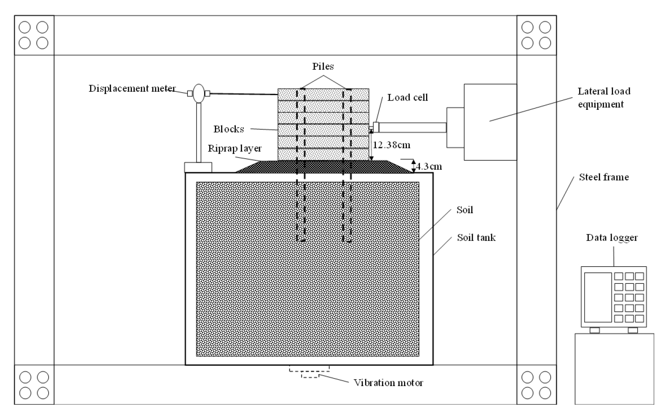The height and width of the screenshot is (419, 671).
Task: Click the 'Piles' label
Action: [x=323, y=66]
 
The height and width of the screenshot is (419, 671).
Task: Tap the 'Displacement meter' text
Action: [x=132, y=88]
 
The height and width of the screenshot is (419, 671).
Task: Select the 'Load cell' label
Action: [x=408, y=97]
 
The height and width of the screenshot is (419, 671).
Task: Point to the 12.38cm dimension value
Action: [x=391, y=145]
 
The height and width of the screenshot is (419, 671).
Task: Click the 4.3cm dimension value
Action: [x=429, y=166]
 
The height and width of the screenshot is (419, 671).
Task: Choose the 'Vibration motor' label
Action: [x=388, y=382]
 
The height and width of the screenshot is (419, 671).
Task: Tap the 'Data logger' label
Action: [x=612, y=237]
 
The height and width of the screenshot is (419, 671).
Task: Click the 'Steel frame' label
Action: [x=604, y=177]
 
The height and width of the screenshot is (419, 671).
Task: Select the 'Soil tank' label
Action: [x=476, y=237]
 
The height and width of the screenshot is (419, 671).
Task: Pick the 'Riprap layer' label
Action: [x=235, y=148]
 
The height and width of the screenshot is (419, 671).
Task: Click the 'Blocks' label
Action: [x=229, y=129]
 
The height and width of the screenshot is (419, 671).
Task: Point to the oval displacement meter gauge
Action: [x=199, y=93]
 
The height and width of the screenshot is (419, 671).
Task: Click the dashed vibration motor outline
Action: [x=310, y=372]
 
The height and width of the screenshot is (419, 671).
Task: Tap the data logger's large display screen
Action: [x=598, y=297]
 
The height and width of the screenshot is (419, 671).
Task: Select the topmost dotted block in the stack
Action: [x=323, y=94]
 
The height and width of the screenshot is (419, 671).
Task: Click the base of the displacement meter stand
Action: [x=198, y=167]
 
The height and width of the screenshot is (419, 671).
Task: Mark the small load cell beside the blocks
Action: [x=376, y=127]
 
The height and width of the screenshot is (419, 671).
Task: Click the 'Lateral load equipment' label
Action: [x=604, y=98]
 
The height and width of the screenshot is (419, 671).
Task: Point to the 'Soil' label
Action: [x=464, y=209]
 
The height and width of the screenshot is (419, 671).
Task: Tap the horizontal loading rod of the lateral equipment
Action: [x=412, y=127]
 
